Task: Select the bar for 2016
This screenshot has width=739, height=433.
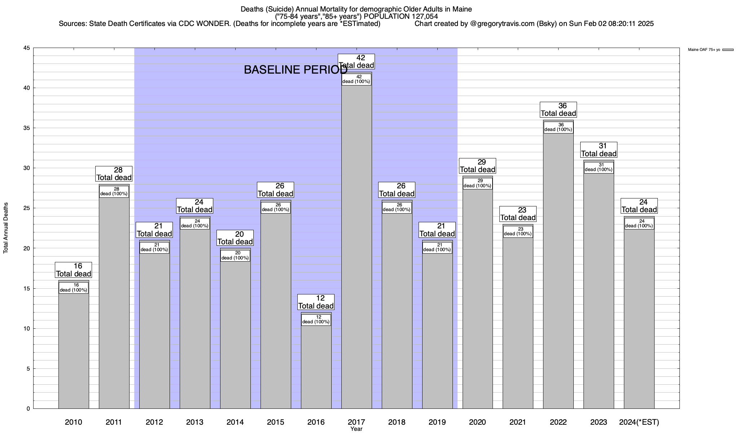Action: pyautogui.click(x=316, y=364)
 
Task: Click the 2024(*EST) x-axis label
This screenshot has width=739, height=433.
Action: pyautogui.click(x=639, y=422)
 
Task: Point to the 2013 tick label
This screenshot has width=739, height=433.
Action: pyautogui.click(x=195, y=422)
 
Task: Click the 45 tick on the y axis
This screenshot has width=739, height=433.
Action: pyautogui.click(x=27, y=48)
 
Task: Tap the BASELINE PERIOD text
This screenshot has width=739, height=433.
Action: pyautogui.click(x=296, y=70)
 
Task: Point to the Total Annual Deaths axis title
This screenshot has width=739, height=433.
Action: pyautogui.click(x=6, y=228)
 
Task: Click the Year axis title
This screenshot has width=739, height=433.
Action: pyautogui.click(x=356, y=429)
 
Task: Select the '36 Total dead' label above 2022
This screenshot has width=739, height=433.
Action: pyautogui.click(x=558, y=110)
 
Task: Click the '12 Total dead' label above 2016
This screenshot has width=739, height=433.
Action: pyautogui.click(x=316, y=302)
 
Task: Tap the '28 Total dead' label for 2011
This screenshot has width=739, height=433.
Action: pyautogui.click(x=114, y=174)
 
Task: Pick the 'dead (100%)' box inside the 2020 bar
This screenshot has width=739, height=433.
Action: pyautogui.click(x=477, y=184)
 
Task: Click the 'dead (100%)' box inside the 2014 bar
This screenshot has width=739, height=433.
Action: pyautogui.click(x=235, y=256)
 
